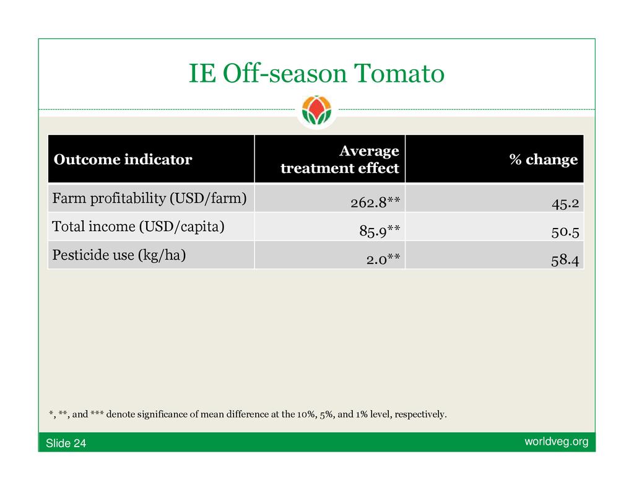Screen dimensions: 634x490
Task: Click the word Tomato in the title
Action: pyautogui.click(x=399, y=73)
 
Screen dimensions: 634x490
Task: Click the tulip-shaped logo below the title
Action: pyautogui.click(x=316, y=110)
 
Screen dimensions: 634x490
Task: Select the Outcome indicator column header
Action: pyautogui.click(x=123, y=159)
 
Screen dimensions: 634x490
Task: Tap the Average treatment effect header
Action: pyautogui.click(x=340, y=159)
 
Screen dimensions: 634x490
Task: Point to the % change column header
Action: pyautogui.click(x=544, y=159)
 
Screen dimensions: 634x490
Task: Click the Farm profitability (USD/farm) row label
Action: pyautogui.click(x=149, y=198)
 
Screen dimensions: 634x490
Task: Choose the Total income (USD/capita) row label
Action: pyautogui.click(x=138, y=227)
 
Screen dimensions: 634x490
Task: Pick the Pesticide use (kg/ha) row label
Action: pyautogui.click(x=119, y=255)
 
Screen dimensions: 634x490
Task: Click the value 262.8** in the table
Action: pyautogui.click(x=375, y=202)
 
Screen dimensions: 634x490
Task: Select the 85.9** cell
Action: pyautogui.click(x=380, y=230)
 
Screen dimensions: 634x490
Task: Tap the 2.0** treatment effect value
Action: pyautogui.click(x=383, y=259)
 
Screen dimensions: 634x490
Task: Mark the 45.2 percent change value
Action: pyautogui.click(x=565, y=203)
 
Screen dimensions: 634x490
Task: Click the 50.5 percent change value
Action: pyautogui.click(x=565, y=232)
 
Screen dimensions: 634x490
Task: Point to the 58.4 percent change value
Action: pyautogui.click(x=565, y=260)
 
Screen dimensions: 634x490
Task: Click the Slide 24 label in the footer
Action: pyautogui.click(x=66, y=443)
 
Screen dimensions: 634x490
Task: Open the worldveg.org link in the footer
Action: pyautogui.click(x=557, y=442)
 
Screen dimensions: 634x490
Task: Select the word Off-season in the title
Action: pyautogui.click(x=285, y=73)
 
